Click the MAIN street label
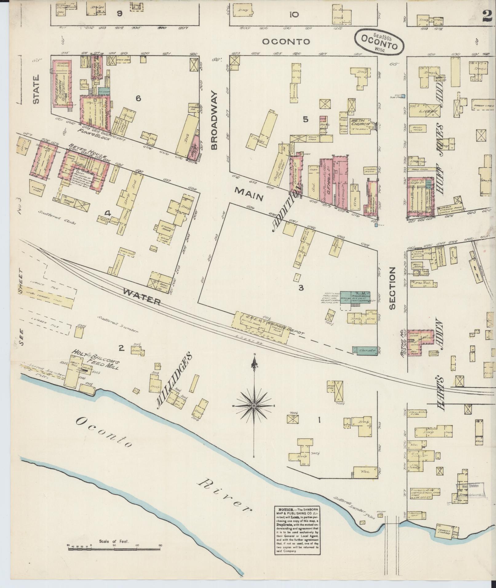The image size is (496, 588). [249, 195]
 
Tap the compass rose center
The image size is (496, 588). [254, 406]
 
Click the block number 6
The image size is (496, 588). [138, 98]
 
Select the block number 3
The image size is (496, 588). [301, 288]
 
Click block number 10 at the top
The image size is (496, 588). [294, 14]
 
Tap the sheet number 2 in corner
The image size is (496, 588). [487, 15]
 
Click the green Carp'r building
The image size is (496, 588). [365, 350]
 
